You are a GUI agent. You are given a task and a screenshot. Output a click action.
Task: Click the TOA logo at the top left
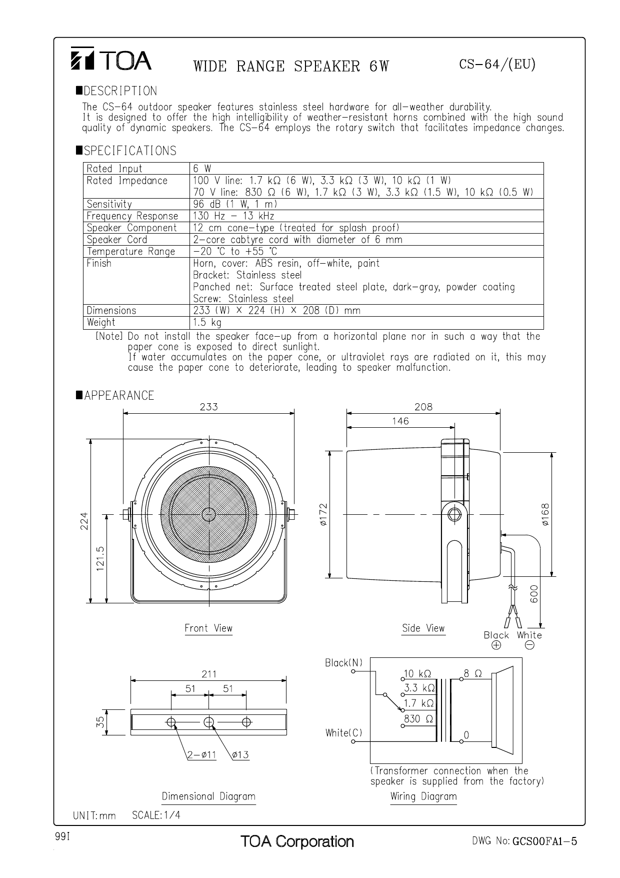[x=110, y=60]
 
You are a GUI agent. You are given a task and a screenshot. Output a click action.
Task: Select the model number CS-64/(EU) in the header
[x=497, y=65]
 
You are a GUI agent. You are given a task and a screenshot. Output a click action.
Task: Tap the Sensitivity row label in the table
[x=109, y=204]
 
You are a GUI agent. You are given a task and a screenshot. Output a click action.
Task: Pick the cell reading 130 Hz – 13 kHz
[x=233, y=216]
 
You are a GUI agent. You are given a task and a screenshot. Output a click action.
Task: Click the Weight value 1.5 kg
[x=207, y=323]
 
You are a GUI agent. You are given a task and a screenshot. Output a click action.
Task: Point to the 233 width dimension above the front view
[x=209, y=407]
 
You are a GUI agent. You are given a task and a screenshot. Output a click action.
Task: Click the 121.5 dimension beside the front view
[x=100, y=558]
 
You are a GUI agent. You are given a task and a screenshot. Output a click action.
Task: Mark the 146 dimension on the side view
[x=400, y=421]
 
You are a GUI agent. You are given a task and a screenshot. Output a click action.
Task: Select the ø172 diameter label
[x=323, y=514]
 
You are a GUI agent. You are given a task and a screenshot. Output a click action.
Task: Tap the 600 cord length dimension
[x=534, y=594]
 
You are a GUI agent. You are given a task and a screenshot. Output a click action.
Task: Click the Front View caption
[x=208, y=628]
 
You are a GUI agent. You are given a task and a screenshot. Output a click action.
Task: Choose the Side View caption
[x=423, y=628]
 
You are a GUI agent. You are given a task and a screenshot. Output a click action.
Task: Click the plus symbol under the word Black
[x=496, y=645]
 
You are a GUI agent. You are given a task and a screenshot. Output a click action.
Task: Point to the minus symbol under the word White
[x=529, y=645]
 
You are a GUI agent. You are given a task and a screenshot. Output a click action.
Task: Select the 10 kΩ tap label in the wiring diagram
[x=417, y=673]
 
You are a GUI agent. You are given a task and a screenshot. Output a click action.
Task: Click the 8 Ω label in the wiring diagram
[x=472, y=673]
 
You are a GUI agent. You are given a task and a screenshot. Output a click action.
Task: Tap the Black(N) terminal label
[x=343, y=663]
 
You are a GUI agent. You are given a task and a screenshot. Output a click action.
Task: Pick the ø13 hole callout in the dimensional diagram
[x=240, y=755]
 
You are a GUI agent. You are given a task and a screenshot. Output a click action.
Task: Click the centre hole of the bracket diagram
[x=209, y=722]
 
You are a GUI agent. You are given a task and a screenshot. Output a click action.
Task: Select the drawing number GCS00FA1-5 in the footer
[x=544, y=841]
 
